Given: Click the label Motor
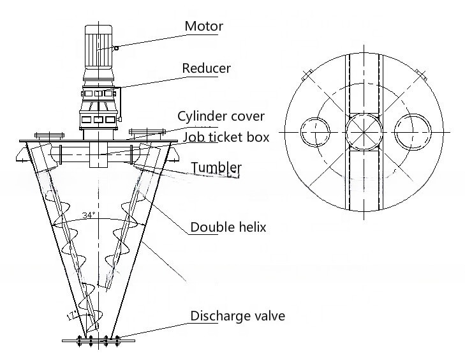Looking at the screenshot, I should tap(203, 26).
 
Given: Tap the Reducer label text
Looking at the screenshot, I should tap(206, 68).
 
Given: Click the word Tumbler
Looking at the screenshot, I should tap(216, 168).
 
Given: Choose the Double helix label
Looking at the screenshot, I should tap(228, 227).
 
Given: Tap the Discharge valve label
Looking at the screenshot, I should tap(237, 316).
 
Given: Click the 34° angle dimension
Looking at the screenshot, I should tap(89, 214).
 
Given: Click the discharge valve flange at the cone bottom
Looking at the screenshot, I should tap(98, 340).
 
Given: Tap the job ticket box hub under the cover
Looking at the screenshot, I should tap(98, 154).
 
